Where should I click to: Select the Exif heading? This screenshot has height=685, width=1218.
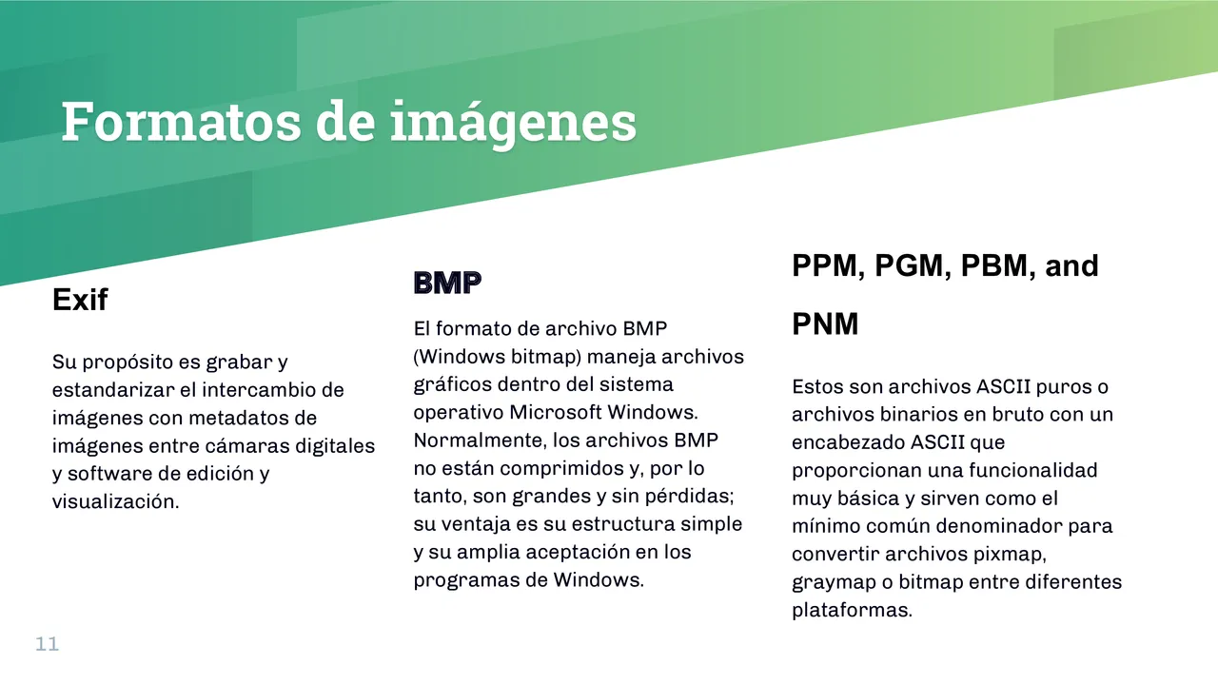(80, 301)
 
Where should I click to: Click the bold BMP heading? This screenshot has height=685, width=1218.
(447, 283)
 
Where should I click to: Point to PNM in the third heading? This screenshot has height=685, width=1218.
(825, 324)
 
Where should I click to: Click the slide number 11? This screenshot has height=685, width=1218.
(48, 644)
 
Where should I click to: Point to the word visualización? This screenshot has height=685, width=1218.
(115, 501)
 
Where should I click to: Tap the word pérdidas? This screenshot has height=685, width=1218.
(695, 496)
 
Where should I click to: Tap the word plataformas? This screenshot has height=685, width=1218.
(852, 610)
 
